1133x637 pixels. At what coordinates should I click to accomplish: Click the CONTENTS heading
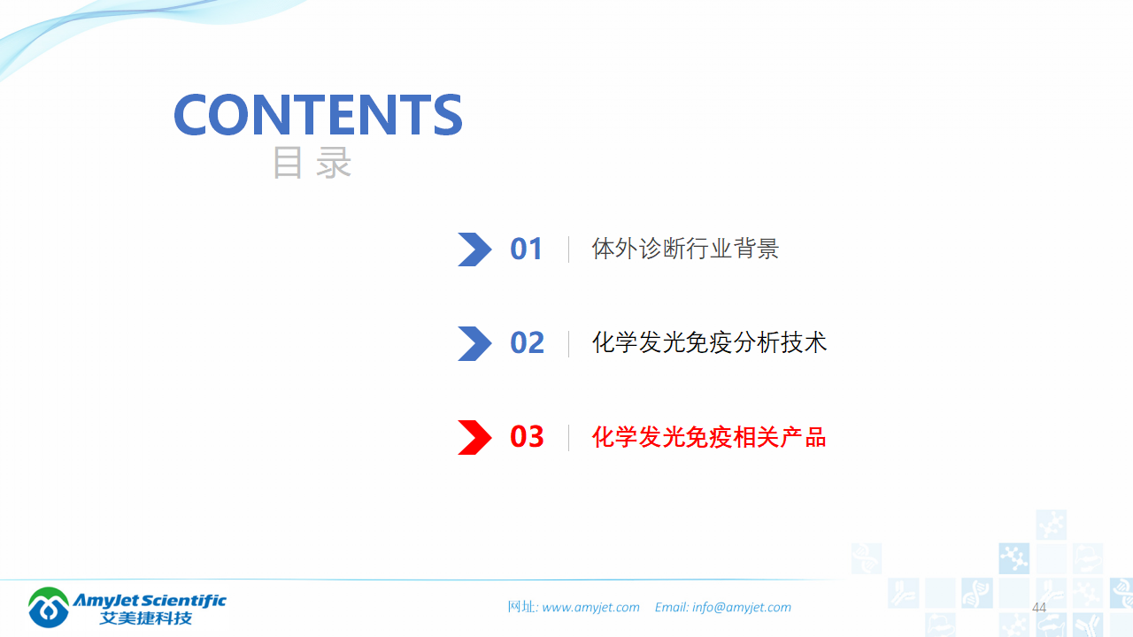[318, 114]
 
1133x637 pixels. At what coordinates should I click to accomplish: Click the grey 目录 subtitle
[312, 164]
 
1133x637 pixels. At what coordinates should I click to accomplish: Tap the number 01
[527, 249]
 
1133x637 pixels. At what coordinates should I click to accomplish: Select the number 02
[527, 343]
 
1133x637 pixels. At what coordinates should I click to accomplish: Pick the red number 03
[527, 437]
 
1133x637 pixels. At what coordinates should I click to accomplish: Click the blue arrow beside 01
[474, 249]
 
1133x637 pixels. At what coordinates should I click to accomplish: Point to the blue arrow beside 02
[474, 343]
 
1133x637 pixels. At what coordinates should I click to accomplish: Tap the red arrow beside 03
[474, 437]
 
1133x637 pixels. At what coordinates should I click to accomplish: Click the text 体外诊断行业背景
[685, 249]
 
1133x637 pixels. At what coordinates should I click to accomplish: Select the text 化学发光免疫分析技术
[709, 343]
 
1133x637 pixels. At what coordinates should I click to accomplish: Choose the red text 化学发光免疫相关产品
[709, 437]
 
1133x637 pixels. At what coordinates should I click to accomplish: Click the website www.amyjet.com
[590, 608]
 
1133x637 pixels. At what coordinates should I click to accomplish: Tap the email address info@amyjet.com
[742, 608]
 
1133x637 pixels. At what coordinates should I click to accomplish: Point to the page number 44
[1039, 608]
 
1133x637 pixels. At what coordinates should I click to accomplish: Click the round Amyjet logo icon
[49, 608]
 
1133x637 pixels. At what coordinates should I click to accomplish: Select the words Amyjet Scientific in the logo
[150, 601]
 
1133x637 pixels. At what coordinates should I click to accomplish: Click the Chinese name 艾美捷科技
[146, 618]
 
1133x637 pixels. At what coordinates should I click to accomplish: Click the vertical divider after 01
[568, 249]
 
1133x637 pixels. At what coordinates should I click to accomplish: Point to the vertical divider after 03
[568, 437]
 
